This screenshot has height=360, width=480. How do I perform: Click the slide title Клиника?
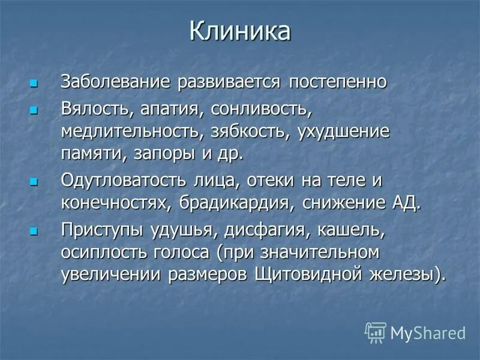pyautogui.click(x=240, y=32)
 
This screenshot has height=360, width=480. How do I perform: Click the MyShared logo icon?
pyautogui.click(x=376, y=332)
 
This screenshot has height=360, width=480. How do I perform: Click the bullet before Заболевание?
pyautogui.click(x=34, y=82)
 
